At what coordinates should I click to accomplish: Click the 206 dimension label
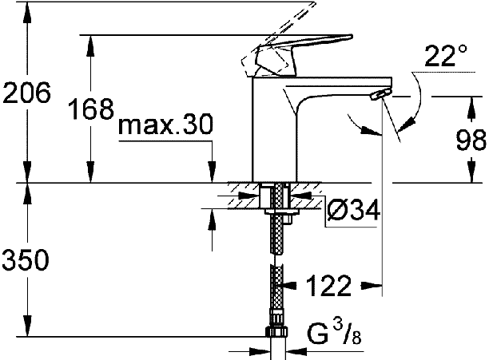click(x=26, y=93)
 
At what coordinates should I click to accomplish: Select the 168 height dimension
click(x=91, y=109)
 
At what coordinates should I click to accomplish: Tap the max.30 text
click(x=166, y=124)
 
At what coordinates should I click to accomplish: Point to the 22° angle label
click(x=446, y=56)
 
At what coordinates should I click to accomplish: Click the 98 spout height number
click(x=471, y=140)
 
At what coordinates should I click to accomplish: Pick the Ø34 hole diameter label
click(x=354, y=209)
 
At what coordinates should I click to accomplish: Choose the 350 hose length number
click(x=26, y=259)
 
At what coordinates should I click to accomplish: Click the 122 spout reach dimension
click(x=329, y=286)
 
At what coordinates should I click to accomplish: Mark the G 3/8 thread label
click(x=334, y=333)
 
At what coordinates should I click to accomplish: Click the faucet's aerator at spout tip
click(x=380, y=93)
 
